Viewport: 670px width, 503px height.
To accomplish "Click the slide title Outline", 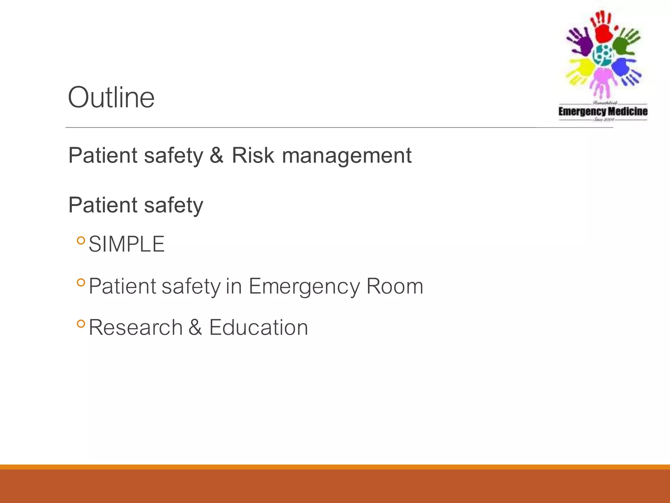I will tap(111, 97).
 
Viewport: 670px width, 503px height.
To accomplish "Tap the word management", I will tap(346, 156).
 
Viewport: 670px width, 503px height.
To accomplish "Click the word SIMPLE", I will tap(127, 244).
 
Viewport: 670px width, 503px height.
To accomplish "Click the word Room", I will tap(395, 286).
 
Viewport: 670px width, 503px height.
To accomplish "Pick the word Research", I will tap(135, 327).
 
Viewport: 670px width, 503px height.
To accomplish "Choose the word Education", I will tap(258, 327).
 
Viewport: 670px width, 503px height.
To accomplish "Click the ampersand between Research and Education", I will tap(195, 327).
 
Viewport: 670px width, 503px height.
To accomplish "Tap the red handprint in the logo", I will tap(603, 28).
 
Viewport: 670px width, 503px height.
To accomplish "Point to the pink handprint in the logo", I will tap(602, 80).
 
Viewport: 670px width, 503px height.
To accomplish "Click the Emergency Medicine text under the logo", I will tap(603, 112).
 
